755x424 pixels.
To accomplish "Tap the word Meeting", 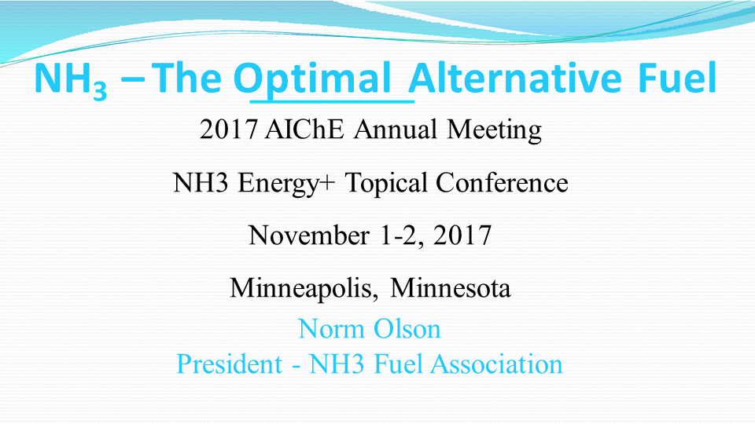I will (494, 130).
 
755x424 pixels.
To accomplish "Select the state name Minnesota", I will (451, 288).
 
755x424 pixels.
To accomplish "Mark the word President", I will (229, 364).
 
